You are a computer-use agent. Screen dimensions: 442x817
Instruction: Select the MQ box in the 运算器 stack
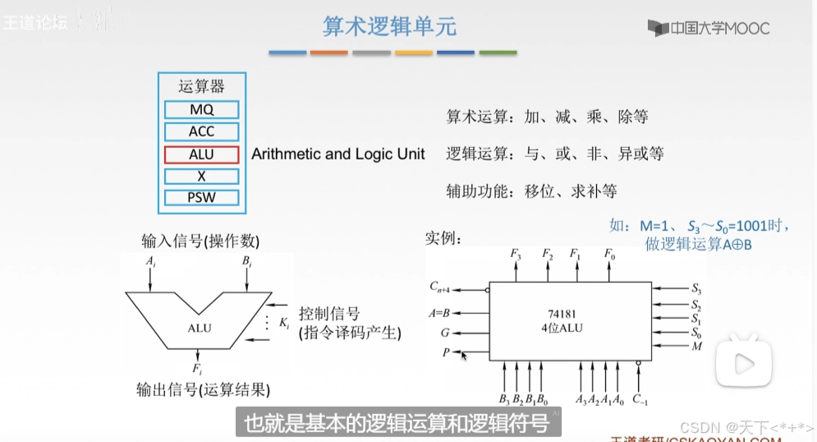click(201, 109)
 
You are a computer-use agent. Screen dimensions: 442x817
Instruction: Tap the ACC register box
click(201, 131)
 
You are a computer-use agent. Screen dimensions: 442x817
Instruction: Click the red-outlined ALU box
click(201, 154)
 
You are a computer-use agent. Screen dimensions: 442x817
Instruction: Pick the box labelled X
click(201, 176)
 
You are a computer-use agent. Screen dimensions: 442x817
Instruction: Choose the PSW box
click(201, 198)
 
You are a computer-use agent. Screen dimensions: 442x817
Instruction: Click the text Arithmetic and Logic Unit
click(338, 154)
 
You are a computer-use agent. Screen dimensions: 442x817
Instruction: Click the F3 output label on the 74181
click(515, 255)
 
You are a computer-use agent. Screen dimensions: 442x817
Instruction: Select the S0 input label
click(696, 334)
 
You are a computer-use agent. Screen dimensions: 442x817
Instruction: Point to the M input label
click(696, 348)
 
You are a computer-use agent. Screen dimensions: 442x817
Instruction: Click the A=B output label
click(440, 312)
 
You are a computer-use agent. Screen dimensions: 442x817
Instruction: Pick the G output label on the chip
click(444, 333)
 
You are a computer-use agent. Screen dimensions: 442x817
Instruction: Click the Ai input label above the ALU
click(150, 261)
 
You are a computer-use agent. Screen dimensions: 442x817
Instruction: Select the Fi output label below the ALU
click(198, 367)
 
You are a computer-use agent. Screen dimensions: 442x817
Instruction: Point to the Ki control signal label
click(284, 325)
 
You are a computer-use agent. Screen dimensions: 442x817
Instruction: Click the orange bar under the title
click(329, 53)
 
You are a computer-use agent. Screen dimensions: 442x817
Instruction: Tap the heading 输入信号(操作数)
click(200, 241)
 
